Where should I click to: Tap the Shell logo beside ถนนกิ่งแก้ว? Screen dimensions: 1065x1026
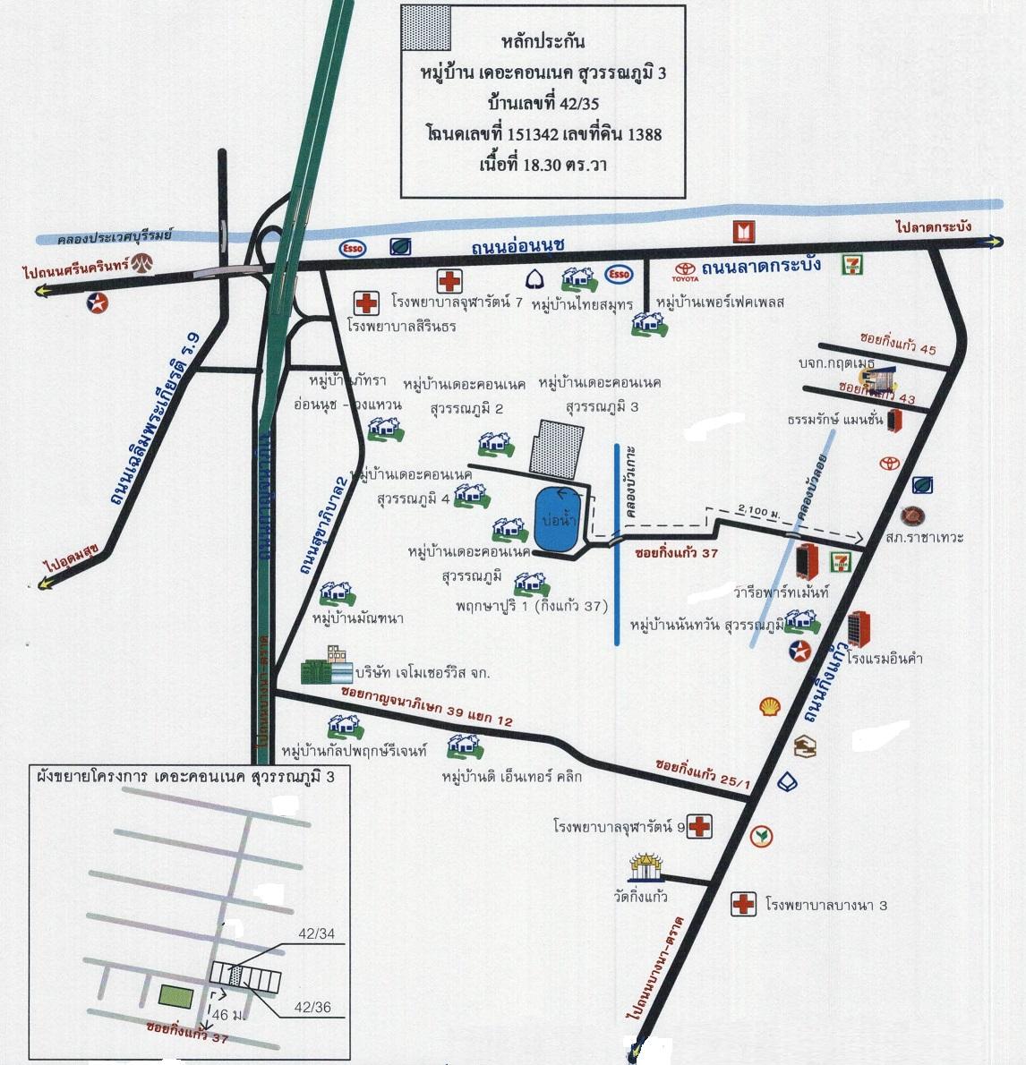pyautogui.click(x=769, y=707)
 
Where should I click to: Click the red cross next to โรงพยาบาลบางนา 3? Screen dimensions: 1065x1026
pyautogui.click(x=742, y=904)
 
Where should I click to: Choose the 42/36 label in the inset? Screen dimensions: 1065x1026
pyautogui.click(x=313, y=1008)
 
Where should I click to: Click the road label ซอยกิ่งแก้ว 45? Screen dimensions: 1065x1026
pyautogui.click(x=898, y=345)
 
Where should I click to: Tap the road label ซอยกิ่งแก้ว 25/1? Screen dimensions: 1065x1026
pyautogui.click(x=702, y=774)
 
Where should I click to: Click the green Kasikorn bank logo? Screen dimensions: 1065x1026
pyautogui.click(x=763, y=837)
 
